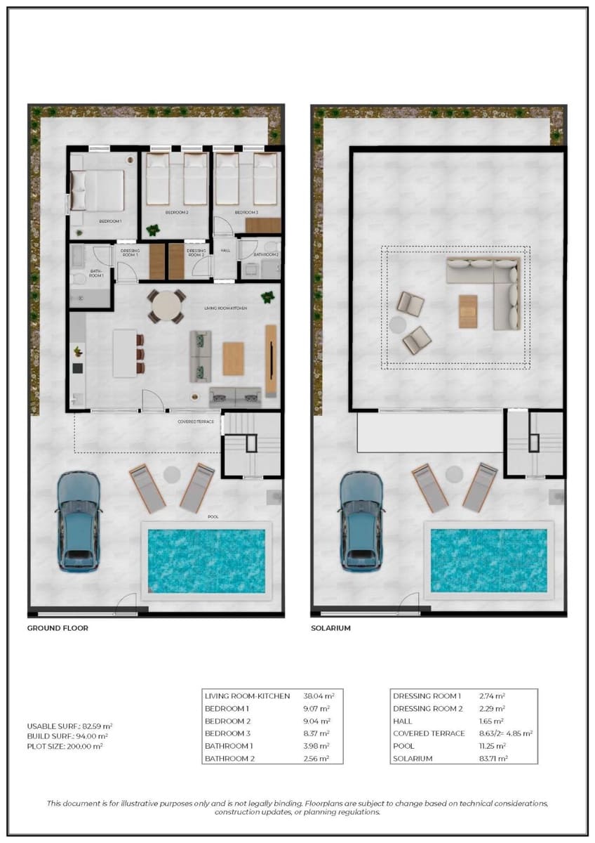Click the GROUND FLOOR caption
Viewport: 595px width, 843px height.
click(x=58, y=628)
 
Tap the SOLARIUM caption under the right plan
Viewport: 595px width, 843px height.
click(x=330, y=628)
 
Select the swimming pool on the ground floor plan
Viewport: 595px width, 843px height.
click(x=206, y=561)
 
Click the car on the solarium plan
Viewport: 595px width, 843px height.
click(x=361, y=520)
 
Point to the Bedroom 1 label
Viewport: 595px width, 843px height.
click(x=110, y=221)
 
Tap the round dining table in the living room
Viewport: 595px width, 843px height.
click(x=166, y=306)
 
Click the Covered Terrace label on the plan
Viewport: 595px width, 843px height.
click(x=196, y=421)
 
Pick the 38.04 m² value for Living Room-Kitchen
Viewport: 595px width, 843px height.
click(x=322, y=696)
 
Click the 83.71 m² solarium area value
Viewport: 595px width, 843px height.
click(x=494, y=759)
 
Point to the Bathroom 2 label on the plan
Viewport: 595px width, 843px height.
click(x=266, y=254)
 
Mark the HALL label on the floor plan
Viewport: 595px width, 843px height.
click(x=225, y=250)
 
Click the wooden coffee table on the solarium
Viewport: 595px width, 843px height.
click(x=468, y=311)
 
